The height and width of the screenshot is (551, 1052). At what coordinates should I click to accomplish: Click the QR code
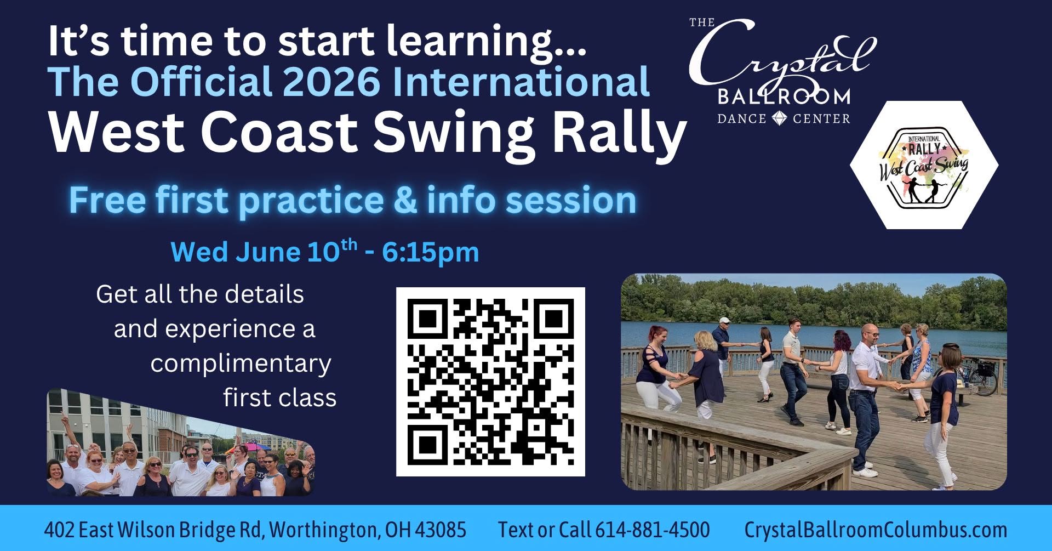pos(490,382)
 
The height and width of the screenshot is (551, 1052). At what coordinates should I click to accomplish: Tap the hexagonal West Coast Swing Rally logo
pos(924,165)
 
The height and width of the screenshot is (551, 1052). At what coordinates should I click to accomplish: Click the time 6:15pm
pos(431,252)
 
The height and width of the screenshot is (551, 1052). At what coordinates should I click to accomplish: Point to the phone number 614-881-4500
pos(652,530)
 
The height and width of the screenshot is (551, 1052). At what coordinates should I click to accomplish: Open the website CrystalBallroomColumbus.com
pos(876,530)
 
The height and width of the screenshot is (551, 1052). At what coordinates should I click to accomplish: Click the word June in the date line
pos(267,252)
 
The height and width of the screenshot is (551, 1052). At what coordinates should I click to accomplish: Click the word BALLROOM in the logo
pos(784,97)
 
